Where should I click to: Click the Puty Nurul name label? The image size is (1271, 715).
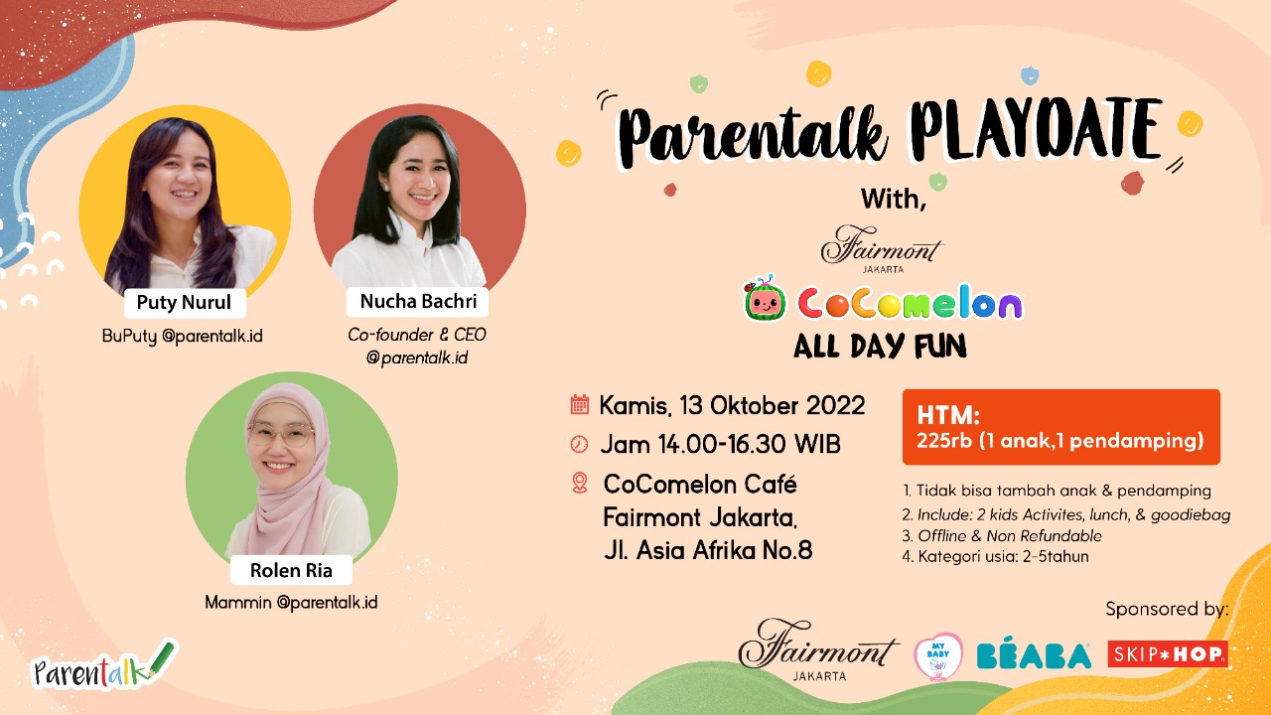[x=185, y=303]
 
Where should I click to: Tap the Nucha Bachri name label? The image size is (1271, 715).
[x=418, y=301]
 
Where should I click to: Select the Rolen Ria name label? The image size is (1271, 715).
[x=291, y=570]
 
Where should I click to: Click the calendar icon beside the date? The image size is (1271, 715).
[x=579, y=404]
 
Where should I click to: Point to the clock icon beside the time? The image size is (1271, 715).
[x=579, y=444]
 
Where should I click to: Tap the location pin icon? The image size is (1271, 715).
[x=579, y=483]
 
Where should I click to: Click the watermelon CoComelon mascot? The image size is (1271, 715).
[x=765, y=299]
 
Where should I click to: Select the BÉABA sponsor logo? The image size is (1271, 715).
[x=1034, y=654]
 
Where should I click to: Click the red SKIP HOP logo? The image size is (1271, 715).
[x=1168, y=654]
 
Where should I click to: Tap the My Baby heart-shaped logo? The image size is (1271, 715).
[x=938, y=656]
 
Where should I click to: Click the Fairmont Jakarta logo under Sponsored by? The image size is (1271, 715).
[x=818, y=650]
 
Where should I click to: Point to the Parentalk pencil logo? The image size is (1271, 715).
[x=105, y=665]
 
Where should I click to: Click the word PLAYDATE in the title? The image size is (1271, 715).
[x=1036, y=133]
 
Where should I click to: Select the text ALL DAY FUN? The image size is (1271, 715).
[x=880, y=347]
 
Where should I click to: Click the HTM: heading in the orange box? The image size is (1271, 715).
[x=948, y=415]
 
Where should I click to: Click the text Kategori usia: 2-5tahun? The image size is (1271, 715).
[x=995, y=557]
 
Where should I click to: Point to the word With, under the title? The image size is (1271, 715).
[x=894, y=200]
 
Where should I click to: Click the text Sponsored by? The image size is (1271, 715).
[x=1167, y=610]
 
